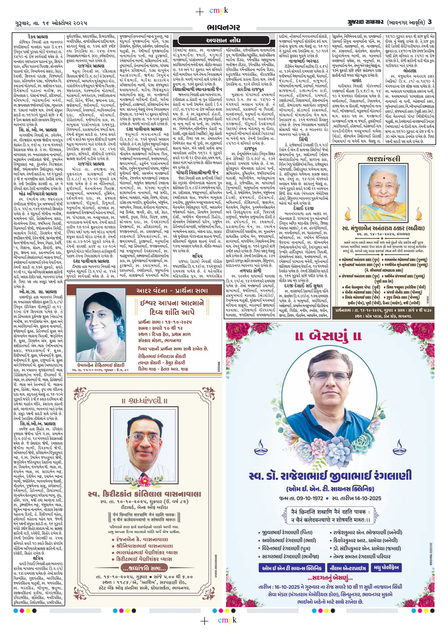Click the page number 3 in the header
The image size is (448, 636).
click(430, 22)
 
